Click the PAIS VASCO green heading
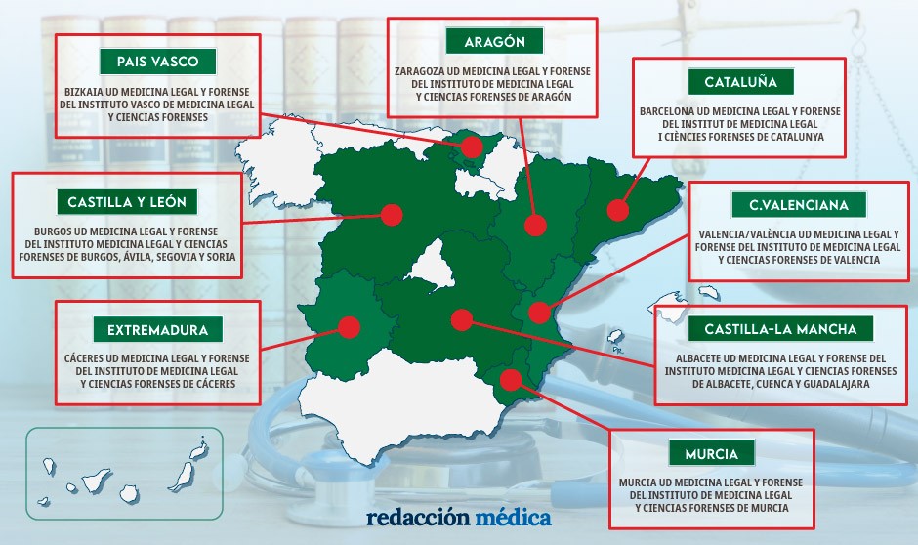coord(157,62)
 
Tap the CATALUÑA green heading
coord(739,82)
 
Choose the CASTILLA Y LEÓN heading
coord(127,202)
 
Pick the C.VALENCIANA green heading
coord(799,205)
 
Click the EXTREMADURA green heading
coord(157,328)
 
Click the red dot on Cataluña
coord(616,210)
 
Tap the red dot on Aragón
coord(534,226)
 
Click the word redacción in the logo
coord(418,517)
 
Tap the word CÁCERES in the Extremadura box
coord(86,358)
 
